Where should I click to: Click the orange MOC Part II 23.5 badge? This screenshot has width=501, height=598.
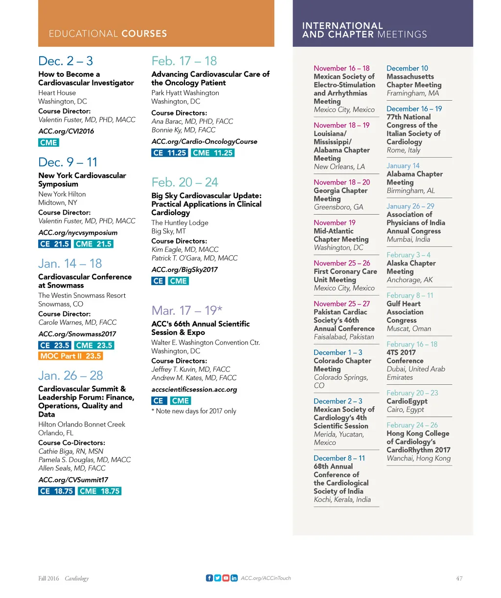[70, 356]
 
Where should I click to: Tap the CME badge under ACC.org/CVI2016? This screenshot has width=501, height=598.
[48, 143]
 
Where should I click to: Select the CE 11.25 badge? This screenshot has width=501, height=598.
[169, 153]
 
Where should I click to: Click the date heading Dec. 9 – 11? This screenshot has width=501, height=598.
[68, 162]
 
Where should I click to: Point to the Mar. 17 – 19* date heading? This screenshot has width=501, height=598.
[187, 310]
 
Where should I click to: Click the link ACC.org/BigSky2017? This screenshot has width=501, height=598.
[184, 269]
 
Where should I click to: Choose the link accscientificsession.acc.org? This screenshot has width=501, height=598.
[194, 389]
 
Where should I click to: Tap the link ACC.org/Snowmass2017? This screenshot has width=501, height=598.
[77, 334]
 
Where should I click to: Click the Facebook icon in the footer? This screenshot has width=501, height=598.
[209, 578]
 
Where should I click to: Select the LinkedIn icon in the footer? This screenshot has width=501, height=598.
[234, 578]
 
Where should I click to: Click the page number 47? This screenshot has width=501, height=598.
[459, 578]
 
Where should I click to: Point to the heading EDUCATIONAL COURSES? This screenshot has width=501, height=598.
[108, 34]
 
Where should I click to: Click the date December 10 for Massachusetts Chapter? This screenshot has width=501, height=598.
[407, 68]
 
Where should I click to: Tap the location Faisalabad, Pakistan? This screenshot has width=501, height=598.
[343, 337]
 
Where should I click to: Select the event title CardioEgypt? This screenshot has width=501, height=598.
[407, 401]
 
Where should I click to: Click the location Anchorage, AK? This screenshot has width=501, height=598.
[410, 280]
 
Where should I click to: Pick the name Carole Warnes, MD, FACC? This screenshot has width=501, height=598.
[77, 322]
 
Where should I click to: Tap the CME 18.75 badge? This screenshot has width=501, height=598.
[99, 491]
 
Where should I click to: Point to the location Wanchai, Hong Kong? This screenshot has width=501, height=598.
[418, 458]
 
